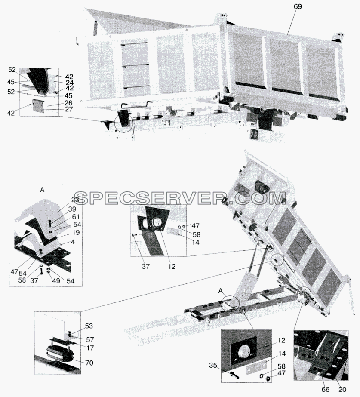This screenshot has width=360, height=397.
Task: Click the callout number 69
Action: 298,7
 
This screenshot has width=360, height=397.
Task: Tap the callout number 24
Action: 70,83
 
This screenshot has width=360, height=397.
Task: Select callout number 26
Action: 69,103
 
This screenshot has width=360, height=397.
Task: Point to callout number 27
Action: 69,109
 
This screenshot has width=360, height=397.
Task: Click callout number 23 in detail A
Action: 75,200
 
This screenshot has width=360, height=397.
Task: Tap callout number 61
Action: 76,217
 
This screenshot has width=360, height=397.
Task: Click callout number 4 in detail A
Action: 73,242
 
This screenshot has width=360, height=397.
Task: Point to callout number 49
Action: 56,281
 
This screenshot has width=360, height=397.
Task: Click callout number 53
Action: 89,326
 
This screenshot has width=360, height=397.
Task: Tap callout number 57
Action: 89,339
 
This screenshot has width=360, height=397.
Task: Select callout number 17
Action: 90,348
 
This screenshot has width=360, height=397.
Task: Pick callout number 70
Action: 89,363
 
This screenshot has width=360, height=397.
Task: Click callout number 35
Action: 213,365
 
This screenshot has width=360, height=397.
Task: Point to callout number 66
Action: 326,390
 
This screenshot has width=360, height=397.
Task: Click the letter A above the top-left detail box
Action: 42,190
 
